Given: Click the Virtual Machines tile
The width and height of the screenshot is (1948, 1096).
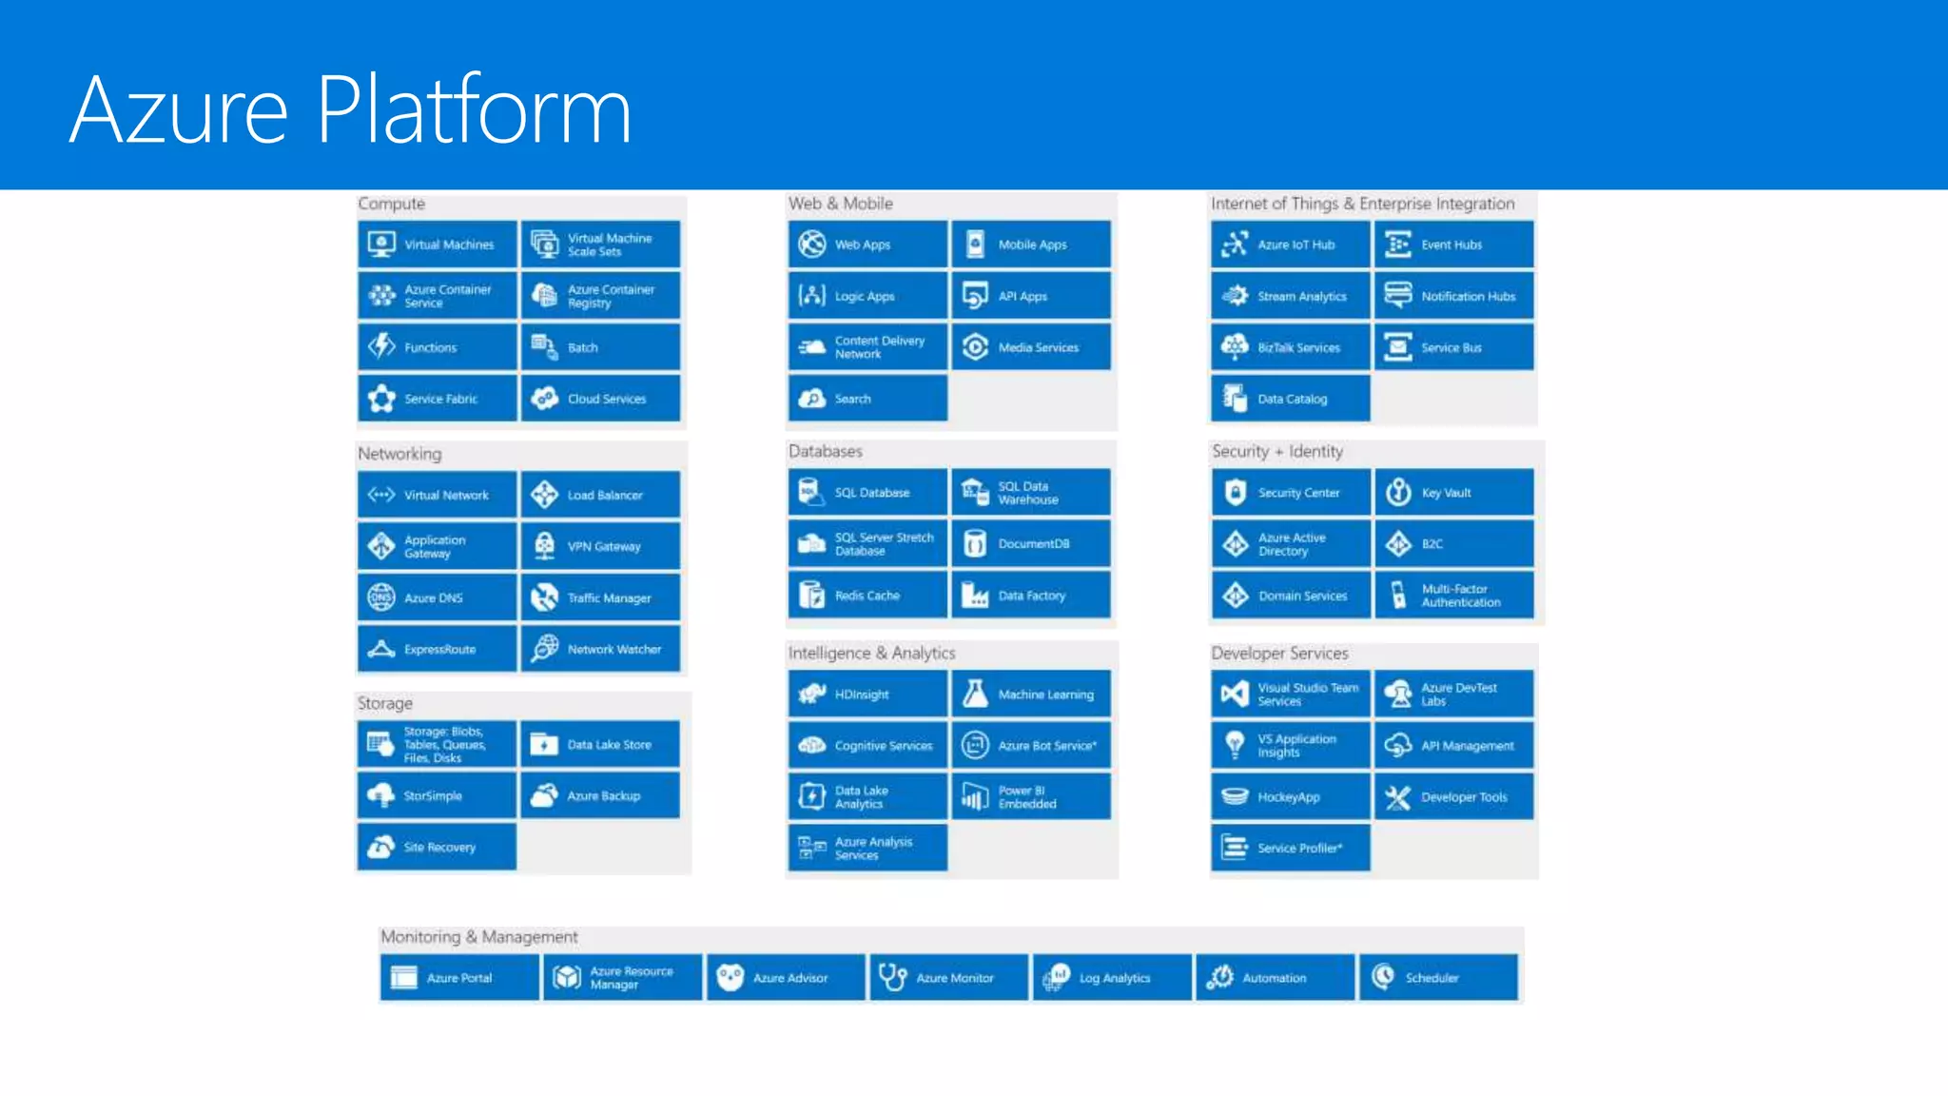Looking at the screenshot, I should pos(438,245).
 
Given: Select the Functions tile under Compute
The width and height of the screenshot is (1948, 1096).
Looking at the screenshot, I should pos(438,347).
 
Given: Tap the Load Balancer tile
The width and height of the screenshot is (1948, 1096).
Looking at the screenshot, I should pos(600,495).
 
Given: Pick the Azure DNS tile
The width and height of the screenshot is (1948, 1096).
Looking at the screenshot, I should pos(438,597).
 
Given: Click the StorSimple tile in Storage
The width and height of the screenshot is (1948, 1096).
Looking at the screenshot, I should pos(438,795).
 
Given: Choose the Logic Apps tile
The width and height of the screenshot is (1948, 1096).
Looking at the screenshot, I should pos(867,296).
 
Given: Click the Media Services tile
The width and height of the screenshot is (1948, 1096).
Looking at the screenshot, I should pos(1031,347).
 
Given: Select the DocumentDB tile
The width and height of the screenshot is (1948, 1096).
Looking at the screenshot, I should pos(1031,544).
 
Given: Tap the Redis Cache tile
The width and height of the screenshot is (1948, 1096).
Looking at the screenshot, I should pos(867,596).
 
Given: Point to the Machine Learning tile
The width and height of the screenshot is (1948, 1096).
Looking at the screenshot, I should pos(1031,695).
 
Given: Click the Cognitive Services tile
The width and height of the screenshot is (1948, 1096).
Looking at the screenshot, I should pos(867,746).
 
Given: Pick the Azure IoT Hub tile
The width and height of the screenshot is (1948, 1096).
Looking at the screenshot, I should pos(1291,245).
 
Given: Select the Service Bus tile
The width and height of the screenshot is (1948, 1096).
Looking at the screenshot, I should pos(1453,347).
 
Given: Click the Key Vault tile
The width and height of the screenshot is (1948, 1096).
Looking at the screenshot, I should pos(1453,493).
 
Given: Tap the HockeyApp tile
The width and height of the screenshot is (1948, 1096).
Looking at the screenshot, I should pos(1291,797).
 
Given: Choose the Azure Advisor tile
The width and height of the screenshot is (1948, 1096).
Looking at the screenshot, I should pos(786,978).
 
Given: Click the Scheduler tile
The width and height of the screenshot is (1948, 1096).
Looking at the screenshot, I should pos(1438,978).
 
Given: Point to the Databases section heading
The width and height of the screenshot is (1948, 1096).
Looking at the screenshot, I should pos(825,451).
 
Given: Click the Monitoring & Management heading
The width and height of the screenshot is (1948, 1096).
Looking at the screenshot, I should pos(478,937).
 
